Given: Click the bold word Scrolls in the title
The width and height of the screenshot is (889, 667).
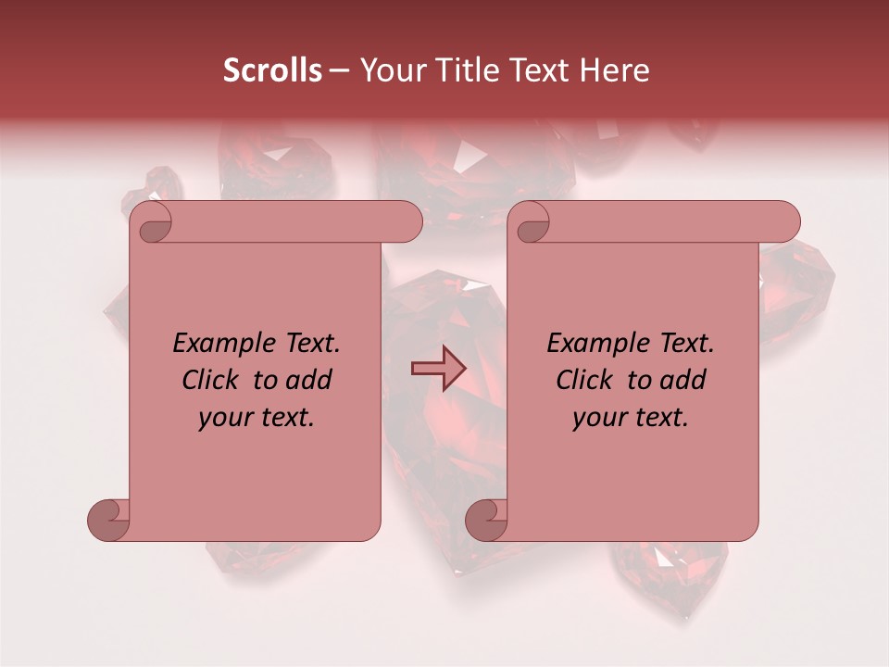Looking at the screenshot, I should [x=273, y=69].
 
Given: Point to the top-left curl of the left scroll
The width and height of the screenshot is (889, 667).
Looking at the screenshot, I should [x=151, y=223].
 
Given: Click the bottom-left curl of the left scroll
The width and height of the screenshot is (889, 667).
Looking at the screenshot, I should [x=109, y=520].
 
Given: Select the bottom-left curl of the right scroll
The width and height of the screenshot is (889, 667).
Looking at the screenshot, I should [x=487, y=520].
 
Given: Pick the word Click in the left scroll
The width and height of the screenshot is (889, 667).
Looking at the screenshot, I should [x=210, y=380].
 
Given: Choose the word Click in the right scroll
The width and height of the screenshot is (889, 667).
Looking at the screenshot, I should [x=584, y=380].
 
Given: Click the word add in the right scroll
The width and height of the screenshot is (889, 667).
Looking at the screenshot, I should [x=683, y=380].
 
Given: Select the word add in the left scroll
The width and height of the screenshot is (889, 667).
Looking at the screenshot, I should [x=309, y=380].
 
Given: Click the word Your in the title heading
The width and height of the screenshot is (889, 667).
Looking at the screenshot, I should [x=388, y=69].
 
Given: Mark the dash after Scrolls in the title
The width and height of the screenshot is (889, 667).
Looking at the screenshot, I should [x=339, y=71].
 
